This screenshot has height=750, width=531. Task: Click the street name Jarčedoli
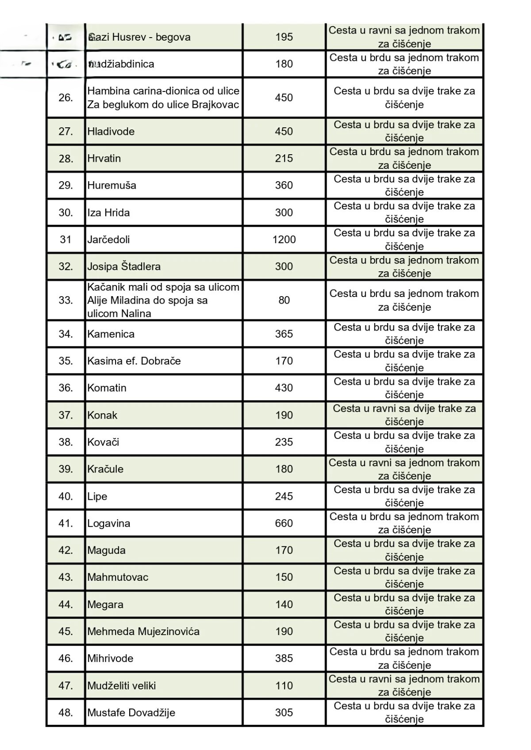[108, 240]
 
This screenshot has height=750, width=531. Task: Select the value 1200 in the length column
[284, 240]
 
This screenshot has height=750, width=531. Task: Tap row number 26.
[65, 98]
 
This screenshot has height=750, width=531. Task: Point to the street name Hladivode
[111, 131]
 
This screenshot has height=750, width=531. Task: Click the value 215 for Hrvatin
[284, 158]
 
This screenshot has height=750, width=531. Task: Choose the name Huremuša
[112, 185]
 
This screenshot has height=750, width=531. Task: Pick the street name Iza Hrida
[108, 213]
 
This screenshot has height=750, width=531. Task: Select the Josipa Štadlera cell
[124, 266]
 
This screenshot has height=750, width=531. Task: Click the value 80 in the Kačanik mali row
[284, 300]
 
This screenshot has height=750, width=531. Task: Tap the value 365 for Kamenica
[284, 334]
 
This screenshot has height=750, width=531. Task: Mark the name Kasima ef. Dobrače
[134, 361]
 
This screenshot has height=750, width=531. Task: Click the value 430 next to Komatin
[284, 388]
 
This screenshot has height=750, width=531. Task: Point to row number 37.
[65, 415]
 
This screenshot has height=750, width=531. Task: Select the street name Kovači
[103, 442]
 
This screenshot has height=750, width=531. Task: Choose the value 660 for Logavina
[284, 523]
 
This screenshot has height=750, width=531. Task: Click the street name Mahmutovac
[118, 577]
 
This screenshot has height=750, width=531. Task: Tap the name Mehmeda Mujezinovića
[143, 631]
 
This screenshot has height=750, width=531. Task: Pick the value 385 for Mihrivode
[284, 658]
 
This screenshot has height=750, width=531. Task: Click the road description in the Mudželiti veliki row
[404, 685]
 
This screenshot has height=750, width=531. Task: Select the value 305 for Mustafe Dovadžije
[284, 712]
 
